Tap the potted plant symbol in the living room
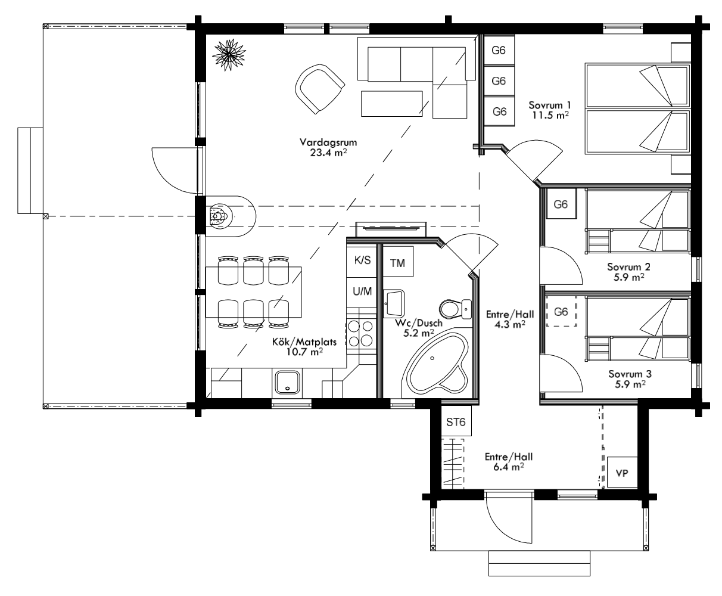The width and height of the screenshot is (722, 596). pos(229,55)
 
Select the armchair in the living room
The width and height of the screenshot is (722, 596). pos(319,89)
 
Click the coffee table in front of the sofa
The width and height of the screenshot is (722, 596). pos(392,104)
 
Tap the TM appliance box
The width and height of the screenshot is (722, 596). pos(398,262)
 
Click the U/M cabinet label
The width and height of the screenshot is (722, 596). pos(362,291)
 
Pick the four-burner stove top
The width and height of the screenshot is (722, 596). pos(360,333)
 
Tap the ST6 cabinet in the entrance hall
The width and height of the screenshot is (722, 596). pos(456,421)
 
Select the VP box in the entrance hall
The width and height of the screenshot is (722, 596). pos(622,472)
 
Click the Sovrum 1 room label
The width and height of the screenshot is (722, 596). pos(550,110)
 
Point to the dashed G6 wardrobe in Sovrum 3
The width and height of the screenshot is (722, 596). pos(561,311)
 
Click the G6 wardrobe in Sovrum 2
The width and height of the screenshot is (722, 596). pos(561,204)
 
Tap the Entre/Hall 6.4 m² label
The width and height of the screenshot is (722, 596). pos(509,462)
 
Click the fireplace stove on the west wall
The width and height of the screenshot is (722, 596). pos(218,216)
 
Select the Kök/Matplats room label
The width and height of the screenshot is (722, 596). pos(304,347)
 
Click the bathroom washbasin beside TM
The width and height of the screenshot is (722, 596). pos(394,303)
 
